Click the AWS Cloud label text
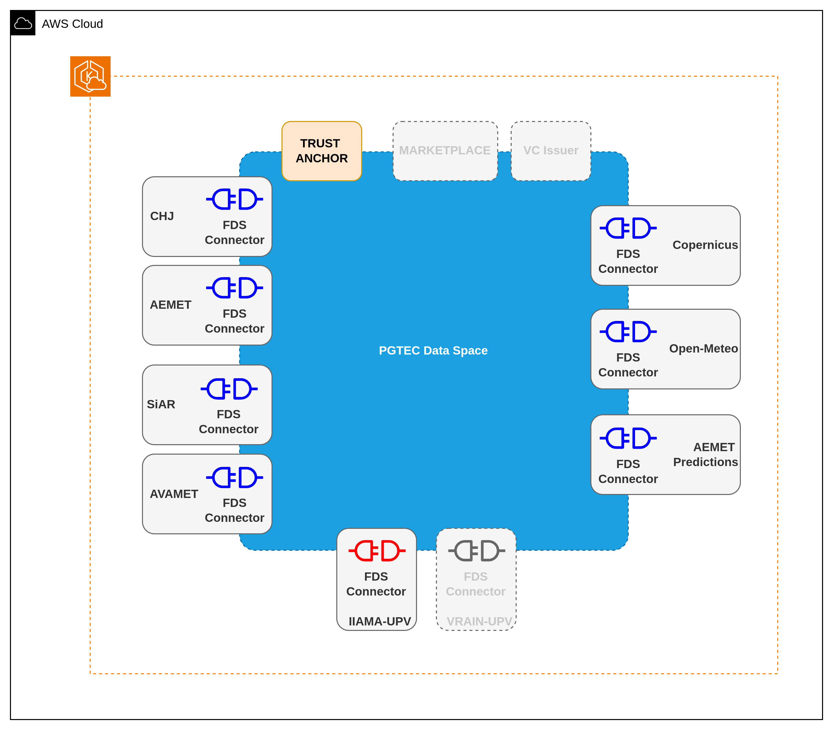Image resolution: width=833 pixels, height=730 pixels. click(x=72, y=24)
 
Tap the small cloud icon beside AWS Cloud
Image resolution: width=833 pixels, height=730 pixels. click(x=23, y=24)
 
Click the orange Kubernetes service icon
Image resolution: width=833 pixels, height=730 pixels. click(x=90, y=77)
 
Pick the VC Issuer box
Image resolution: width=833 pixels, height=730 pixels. click(x=551, y=151)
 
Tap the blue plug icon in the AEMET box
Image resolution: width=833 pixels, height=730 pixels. click(x=234, y=288)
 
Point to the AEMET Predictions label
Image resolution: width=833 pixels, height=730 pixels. click(x=705, y=455)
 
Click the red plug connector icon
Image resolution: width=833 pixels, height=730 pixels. click(x=377, y=551)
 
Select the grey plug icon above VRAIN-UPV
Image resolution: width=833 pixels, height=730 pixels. click(x=476, y=551)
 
